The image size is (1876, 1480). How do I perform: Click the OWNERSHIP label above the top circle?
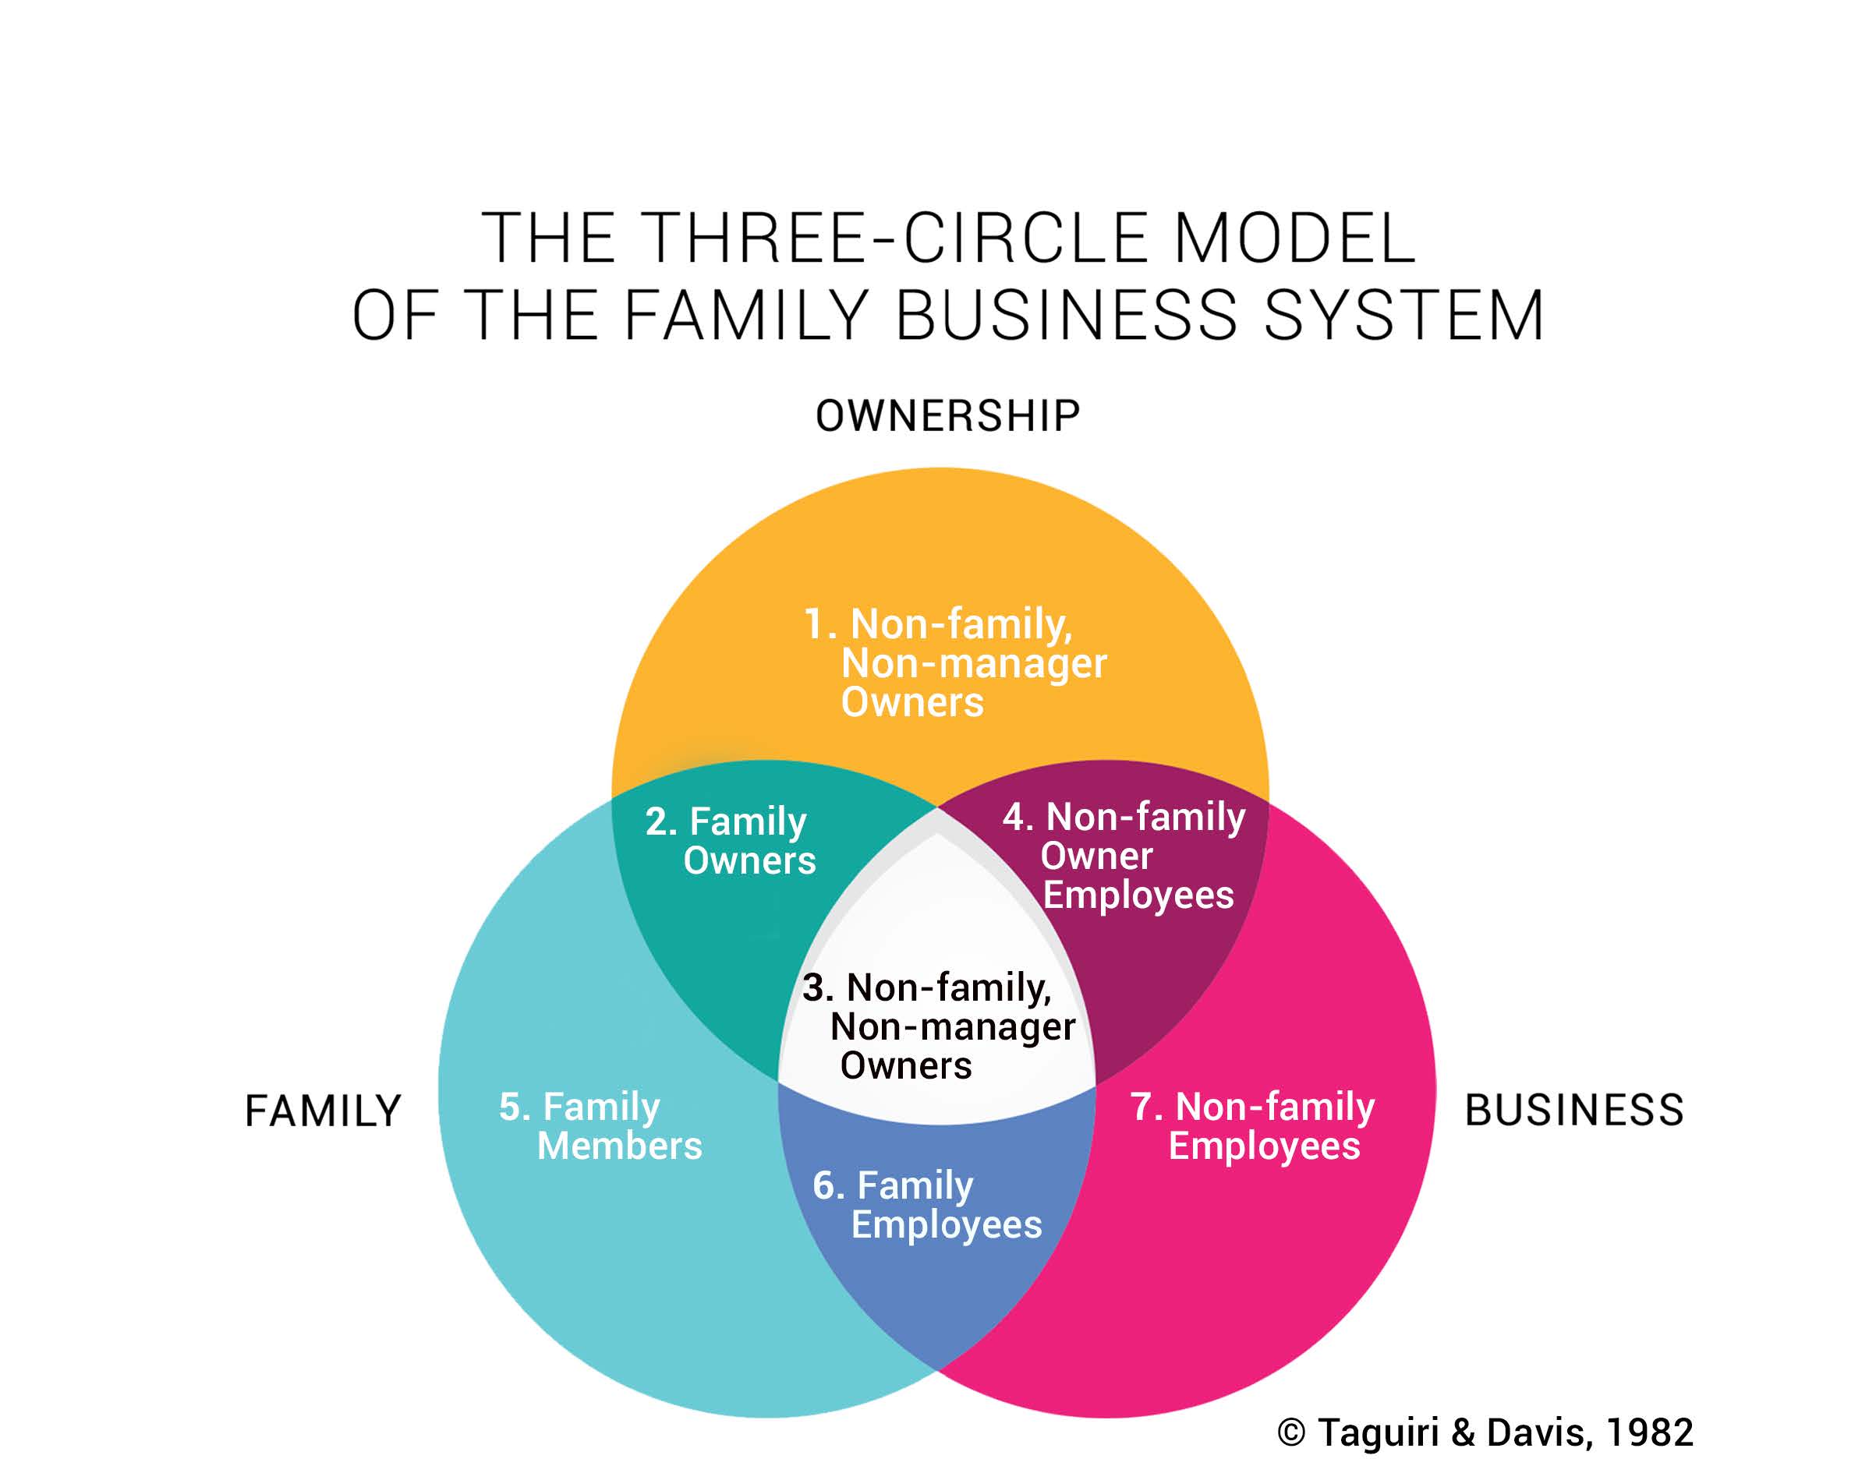pyautogui.click(x=947, y=416)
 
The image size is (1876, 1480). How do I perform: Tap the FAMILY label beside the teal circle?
pyautogui.click(x=323, y=1111)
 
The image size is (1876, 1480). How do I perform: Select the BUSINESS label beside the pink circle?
pyautogui.click(x=1573, y=1110)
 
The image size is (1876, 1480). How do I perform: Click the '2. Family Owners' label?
pyautogui.click(x=730, y=840)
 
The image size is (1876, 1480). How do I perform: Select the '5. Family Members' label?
pyautogui.click(x=600, y=1125)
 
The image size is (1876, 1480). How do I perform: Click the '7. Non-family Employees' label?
pyautogui.click(x=1254, y=1125)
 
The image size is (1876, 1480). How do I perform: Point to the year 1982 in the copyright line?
pyautogui.click(x=1650, y=1432)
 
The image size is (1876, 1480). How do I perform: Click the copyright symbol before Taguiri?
pyautogui.click(x=1291, y=1433)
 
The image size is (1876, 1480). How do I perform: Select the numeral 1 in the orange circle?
pyautogui.click(x=814, y=624)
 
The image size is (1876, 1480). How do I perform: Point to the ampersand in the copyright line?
pyautogui.click(x=1462, y=1433)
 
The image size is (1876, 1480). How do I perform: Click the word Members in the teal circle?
pyautogui.click(x=619, y=1146)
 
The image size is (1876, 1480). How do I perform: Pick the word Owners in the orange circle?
pyautogui.click(x=912, y=702)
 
